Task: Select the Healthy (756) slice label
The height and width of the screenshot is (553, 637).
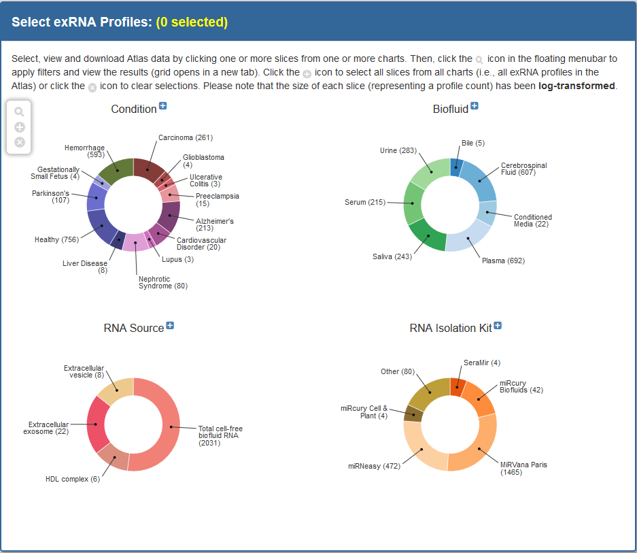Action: click(56, 239)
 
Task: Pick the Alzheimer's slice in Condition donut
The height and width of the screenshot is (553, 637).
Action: click(169, 216)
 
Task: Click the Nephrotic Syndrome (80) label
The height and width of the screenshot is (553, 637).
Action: click(162, 282)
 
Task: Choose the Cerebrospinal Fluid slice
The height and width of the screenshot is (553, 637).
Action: click(479, 180)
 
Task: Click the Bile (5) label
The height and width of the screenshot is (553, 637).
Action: click(473, 143)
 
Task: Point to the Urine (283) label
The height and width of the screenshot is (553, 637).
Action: click(398, 150)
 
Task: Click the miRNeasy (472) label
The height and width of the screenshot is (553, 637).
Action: click(374, 466)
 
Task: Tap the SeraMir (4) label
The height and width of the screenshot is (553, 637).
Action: click(482, 363)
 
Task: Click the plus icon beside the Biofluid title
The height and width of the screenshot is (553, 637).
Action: click(475, 106)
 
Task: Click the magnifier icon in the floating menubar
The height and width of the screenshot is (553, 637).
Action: click(19, 112)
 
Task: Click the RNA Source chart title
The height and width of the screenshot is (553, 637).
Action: click(134, 328)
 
